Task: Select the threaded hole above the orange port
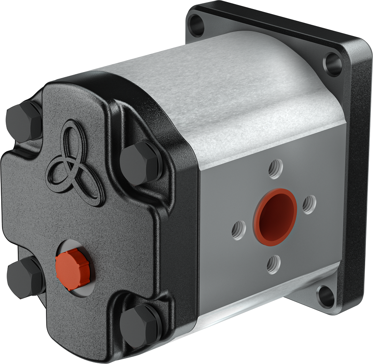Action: pos(275,169)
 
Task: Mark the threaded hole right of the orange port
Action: pos(309,204)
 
